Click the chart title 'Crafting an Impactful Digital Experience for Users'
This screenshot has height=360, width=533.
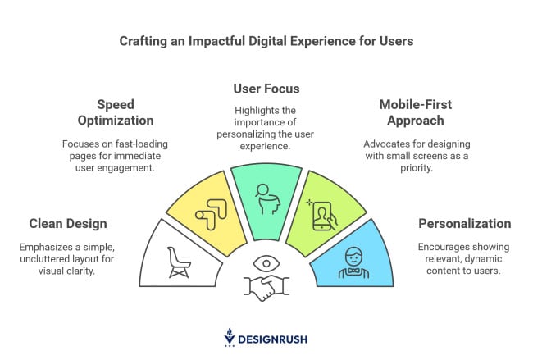tap(266, 41)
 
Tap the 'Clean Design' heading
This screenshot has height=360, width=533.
tap(68, 224)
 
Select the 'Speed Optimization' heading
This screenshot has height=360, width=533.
tap(116, 112)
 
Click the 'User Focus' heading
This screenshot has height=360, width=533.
tap(266, 89)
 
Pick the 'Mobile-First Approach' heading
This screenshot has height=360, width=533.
tap(416, 112)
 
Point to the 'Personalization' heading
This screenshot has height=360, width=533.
tap(465, 224)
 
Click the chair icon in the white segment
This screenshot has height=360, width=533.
tap(179, 262)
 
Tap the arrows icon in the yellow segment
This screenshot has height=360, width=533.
tap(211, 215)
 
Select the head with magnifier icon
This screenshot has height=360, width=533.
tap(268, 199)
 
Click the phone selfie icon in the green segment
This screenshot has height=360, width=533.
tap(322, 216)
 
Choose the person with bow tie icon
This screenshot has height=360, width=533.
tap(353, 262)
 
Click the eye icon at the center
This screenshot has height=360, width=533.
tap(266, 263)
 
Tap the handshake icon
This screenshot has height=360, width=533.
tap(266, 288)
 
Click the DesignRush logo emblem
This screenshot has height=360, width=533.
tap(230, 337)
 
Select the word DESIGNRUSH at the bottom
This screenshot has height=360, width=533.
tap(272, 339)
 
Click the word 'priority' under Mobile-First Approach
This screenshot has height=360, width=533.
tap(416, 168)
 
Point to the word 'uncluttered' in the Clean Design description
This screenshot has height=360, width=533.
tap(43, 259)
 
